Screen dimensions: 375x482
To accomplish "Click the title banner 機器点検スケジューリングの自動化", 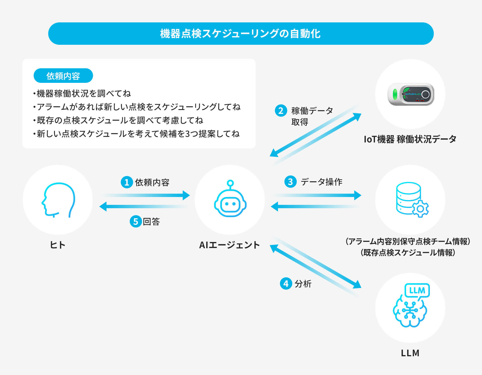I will [x=240, y=34].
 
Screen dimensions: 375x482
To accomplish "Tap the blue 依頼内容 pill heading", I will [x=63, y=76].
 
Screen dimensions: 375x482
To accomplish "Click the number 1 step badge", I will [x=127, y=182].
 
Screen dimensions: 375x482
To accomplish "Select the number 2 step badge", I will [x=281, y=111].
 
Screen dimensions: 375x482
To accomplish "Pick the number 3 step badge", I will [x=290, y=182].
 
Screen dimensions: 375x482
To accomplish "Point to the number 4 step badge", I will [x=286, y=283].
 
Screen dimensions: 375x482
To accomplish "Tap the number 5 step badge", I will [x=136, y=221].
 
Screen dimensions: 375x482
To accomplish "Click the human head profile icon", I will [x=58, y=200].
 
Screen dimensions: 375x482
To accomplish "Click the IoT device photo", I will [x=411, y=94].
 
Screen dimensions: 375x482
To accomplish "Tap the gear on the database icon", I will [x=420, y=209].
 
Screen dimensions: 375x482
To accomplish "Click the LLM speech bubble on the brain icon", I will [x=417, y=290].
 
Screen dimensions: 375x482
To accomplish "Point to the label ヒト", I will [x=58, y=245].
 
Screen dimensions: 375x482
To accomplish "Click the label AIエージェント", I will [x=230, y=245].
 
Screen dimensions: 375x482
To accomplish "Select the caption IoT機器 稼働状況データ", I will [x=410, y=139].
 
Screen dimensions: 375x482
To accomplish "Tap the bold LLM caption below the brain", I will [x=410, y=353].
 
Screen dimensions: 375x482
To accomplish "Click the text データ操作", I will [x=321, y=182].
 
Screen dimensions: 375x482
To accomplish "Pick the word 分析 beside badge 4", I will [x=303, y=284].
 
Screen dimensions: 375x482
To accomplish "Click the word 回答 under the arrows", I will [x=151, y=222].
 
